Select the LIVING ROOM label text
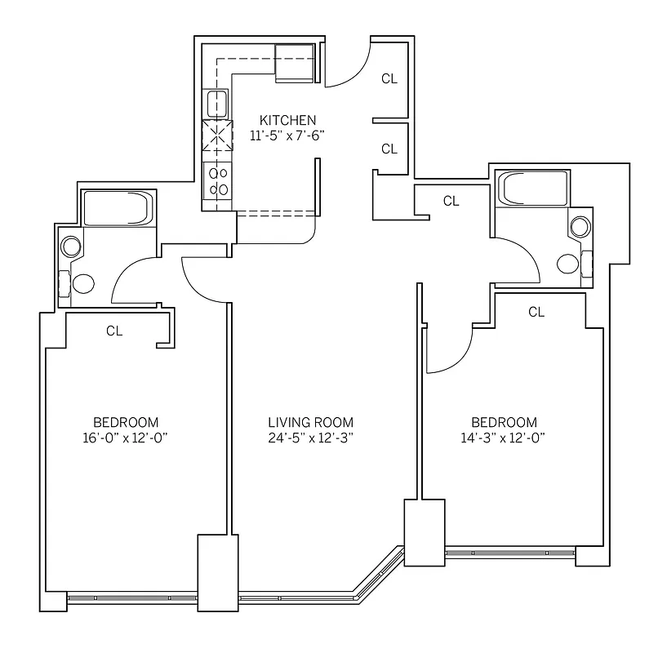point(311,422)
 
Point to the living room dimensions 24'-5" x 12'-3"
point(311,438)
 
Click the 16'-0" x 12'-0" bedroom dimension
point(125,438)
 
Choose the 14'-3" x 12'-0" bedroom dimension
point(504,438)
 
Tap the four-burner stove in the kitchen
point(217,180)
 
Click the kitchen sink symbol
point(216,104)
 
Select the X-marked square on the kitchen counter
point(217,137)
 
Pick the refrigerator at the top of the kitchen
point(294,63)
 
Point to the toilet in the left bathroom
point(83,284)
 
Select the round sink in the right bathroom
point(580,228)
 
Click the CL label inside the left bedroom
point(114,331)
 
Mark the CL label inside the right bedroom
point(536,312)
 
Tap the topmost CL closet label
point(389,79)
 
